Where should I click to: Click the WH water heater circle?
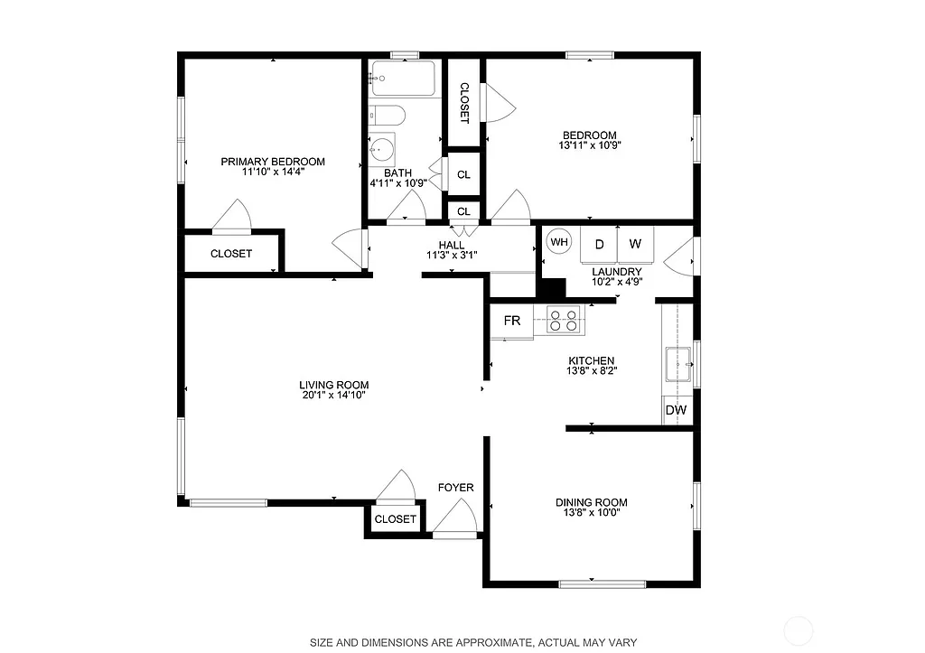click(559, 242)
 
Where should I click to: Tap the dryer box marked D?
click(599, 245)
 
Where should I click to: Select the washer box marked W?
click(635, 245)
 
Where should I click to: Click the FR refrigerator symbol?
click(512, 321)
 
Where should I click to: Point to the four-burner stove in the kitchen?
click(565, 321)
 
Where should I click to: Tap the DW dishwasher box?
click(676, 410)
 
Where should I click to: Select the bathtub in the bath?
click(403, 79)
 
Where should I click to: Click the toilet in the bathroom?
click(386, 116)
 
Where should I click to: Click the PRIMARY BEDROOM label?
click(273, 162)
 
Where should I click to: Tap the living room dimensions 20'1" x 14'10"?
click(333, 395)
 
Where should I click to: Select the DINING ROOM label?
click(591, 502)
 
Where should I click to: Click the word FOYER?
click(455, 488)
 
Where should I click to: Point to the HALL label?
click(451, 245)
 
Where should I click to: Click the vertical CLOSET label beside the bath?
click(464, 102)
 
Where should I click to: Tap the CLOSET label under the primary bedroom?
click(231, 254)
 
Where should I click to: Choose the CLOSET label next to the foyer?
click(395, 519)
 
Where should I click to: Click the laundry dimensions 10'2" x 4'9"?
click(616, 281)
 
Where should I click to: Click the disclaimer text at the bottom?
click(473, 642)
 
